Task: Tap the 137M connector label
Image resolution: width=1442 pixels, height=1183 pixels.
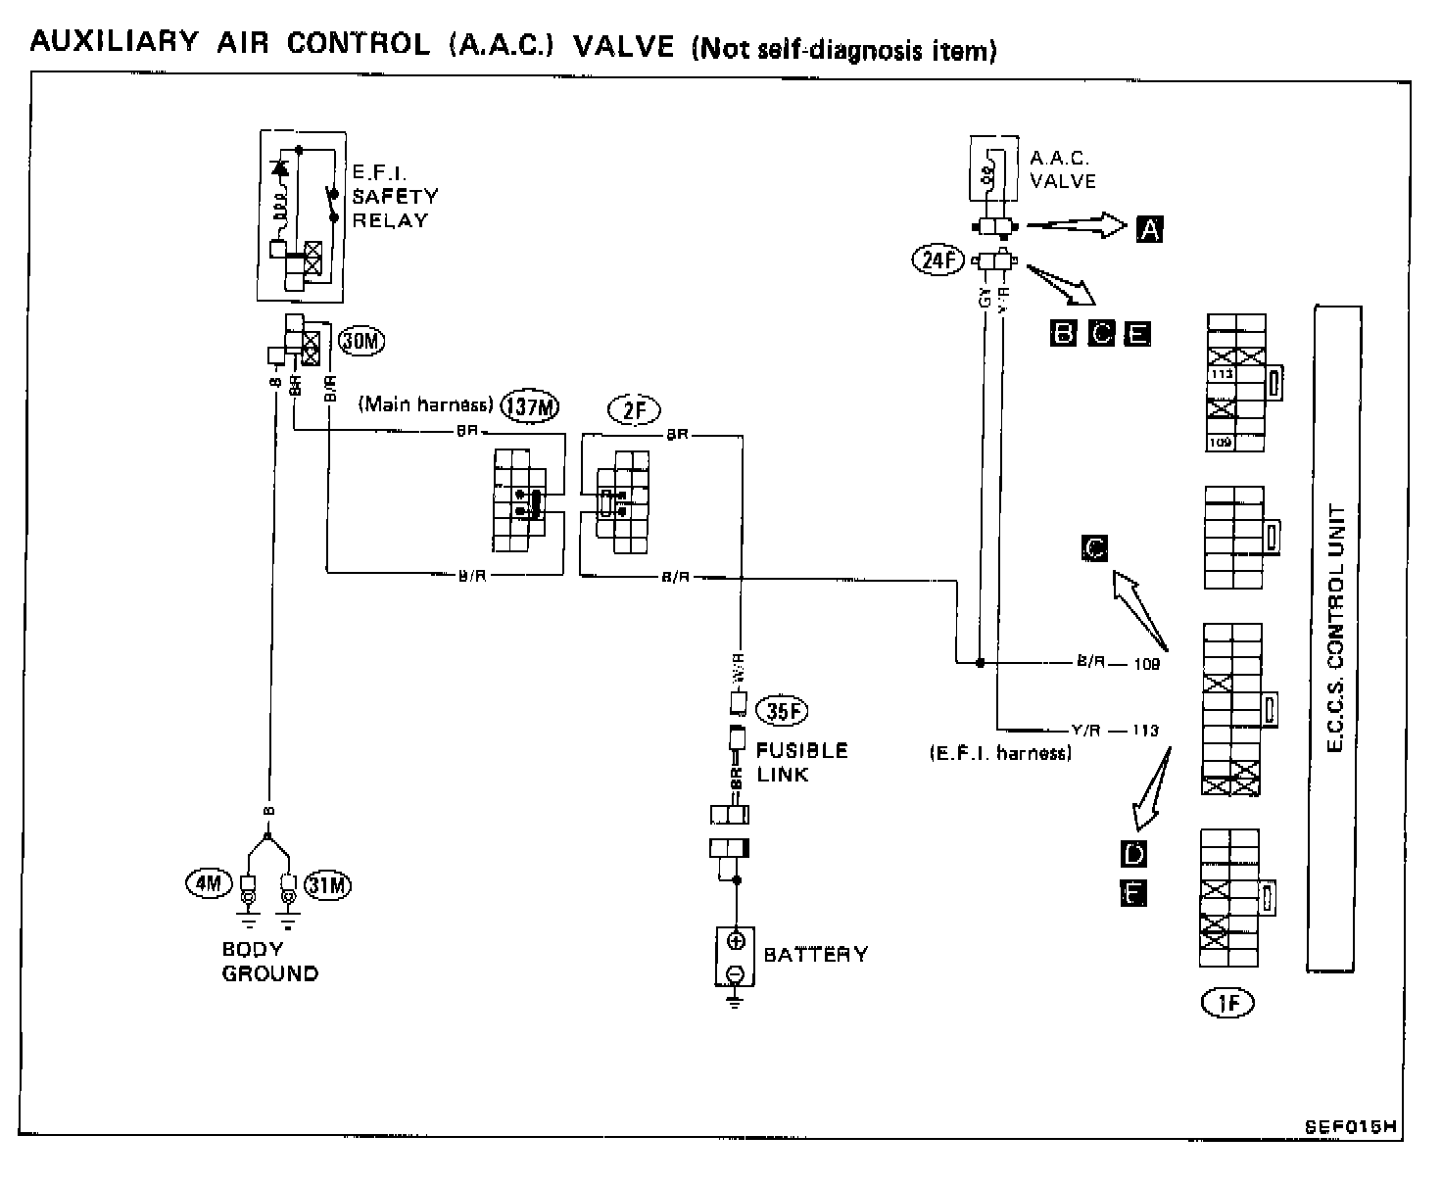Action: tap(530, 405)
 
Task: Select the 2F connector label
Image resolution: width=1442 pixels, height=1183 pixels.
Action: tap(635, 409)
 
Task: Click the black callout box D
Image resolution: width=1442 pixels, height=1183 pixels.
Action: tap(1133, 854)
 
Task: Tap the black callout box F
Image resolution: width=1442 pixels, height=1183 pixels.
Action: tap(1133, 893)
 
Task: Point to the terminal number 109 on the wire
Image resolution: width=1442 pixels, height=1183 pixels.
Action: tap(1145, 664)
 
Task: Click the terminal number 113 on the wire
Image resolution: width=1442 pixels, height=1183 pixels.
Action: tap(1144, 731)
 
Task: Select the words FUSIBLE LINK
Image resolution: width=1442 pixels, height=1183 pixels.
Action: tap(801, 762)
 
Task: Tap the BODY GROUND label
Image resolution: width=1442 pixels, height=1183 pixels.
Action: tap(269, 961)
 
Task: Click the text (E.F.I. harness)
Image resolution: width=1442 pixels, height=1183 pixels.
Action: tap(999, 753)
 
